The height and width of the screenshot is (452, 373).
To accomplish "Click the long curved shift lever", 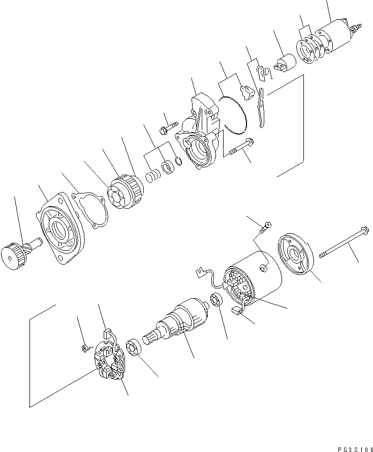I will point(261,107).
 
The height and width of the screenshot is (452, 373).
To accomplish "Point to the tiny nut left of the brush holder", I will point(84,348).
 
